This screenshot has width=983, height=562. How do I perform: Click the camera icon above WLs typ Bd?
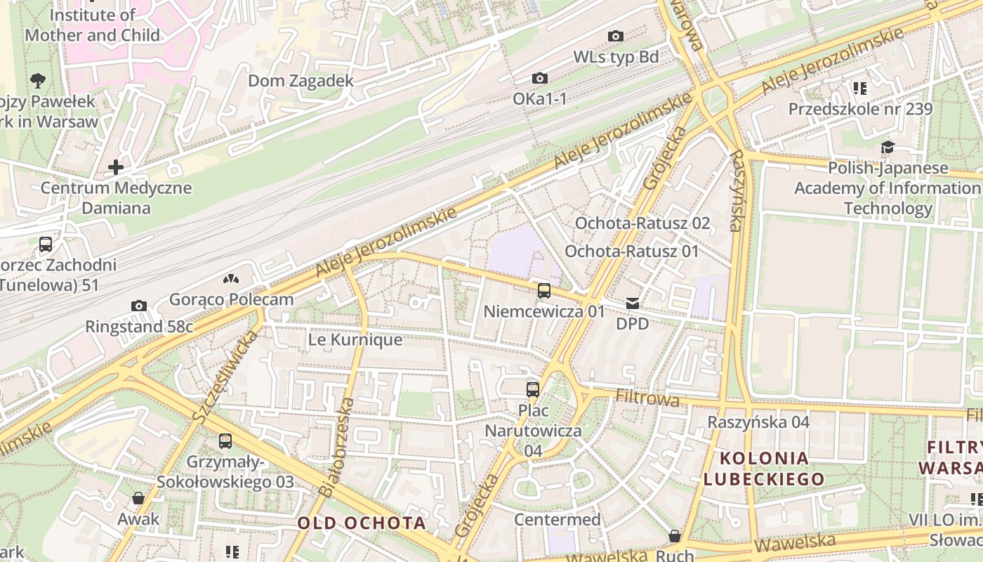tap(616, 37)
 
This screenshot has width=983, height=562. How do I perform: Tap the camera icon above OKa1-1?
tap(539, 79)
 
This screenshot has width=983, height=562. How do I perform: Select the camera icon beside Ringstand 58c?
tap(139, 306)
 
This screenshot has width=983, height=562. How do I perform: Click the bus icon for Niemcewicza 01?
tap(544, 291)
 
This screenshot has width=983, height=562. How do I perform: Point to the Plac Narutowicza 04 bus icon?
tap(533, 389)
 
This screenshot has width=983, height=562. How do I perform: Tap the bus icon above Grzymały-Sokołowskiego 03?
tap(225, 441)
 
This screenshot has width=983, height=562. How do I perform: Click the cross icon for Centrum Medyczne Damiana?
tap(116, 167)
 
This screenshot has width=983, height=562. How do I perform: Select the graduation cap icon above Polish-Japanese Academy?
tap(888, 148)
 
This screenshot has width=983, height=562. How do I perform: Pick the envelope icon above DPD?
tap(633, 303)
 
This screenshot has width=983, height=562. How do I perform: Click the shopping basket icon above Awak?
tap(138, 498)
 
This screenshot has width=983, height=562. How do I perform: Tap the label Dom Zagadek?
tap(301, 81)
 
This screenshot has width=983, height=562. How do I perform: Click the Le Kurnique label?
tap(355, 340)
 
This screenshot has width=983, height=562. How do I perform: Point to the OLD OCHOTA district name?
tap(362, 523)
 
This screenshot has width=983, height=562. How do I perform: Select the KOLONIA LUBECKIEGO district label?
tap(764, 469)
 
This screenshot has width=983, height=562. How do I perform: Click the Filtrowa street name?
tap(647, 398)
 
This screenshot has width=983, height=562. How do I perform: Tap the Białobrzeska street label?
tap(336, 447)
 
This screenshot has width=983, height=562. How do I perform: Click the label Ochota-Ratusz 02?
tap(642, 223)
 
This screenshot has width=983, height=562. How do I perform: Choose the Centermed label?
tap(558, 520)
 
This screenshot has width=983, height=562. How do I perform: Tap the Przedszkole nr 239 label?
tap(860, 109)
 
